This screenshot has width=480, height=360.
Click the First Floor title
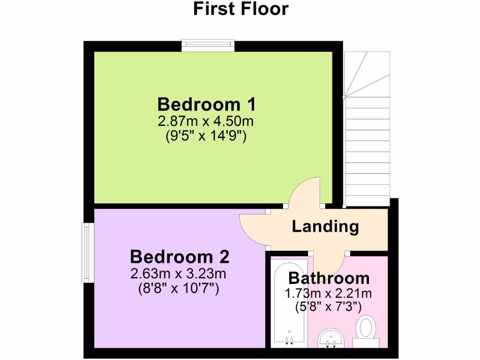pos(240,8)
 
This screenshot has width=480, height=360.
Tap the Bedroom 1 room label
pos(206,104)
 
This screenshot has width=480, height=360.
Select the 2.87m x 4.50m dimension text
pos(206,121)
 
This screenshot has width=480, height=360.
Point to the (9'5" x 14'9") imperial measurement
pos(206,136)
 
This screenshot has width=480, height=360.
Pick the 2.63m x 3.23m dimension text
pos(179,274)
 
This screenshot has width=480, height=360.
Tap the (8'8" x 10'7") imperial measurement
pos(179,289)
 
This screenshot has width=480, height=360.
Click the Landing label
pos(325,226)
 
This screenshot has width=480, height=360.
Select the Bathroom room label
pos(329,278)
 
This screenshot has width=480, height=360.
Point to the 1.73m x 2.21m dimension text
pos(329,294)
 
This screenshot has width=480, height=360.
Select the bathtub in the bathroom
pos(290,305)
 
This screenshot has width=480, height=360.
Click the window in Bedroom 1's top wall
pos(208,45)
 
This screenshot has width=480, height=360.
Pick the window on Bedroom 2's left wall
pos(88,253)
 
